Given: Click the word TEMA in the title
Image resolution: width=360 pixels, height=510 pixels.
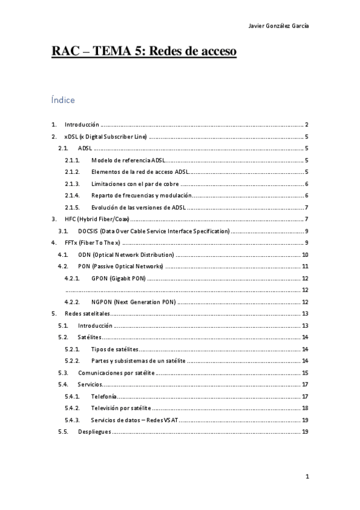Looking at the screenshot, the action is pyautogui.click(x=115, y=52).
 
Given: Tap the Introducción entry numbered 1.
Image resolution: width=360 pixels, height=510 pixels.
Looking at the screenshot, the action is pyautogui.click(x=81, y=124).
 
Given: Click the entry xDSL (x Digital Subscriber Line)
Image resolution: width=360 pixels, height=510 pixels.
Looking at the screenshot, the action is pyautogui.click(x=105, y=137).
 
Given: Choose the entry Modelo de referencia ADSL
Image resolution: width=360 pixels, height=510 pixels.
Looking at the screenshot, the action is pyautogui.click(x=128, y=161).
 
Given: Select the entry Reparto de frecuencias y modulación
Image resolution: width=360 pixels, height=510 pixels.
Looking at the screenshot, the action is pyautogui.click(x=141, y=195).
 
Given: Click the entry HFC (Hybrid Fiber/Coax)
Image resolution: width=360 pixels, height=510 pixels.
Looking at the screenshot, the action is pyautogui.click(x=97, y=220).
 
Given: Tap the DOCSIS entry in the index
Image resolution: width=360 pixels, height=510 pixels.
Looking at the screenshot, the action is pyautogui.click(x=154, y=231).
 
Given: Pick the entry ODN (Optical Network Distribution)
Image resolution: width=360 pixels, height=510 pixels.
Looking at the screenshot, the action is pyautogui.click(x=126, y=255).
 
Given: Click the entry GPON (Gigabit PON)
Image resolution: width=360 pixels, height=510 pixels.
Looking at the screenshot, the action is pyautogui.click(x=118, y=278).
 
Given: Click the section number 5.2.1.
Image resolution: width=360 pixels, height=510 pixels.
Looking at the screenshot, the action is pyautogui.click(x=72, y=349).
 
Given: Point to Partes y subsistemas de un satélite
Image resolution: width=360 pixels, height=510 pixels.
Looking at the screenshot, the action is pyautogui.click(x=138, y=361).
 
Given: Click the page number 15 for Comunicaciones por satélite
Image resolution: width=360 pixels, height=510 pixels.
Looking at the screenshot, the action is pyautogui.click(x=305, y=373).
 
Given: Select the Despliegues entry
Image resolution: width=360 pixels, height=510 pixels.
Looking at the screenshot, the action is pyautogui.click(x=94, y=432).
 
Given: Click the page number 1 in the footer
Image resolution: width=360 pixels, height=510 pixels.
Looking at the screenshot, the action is pyautogui.click(x=307, y=477).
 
